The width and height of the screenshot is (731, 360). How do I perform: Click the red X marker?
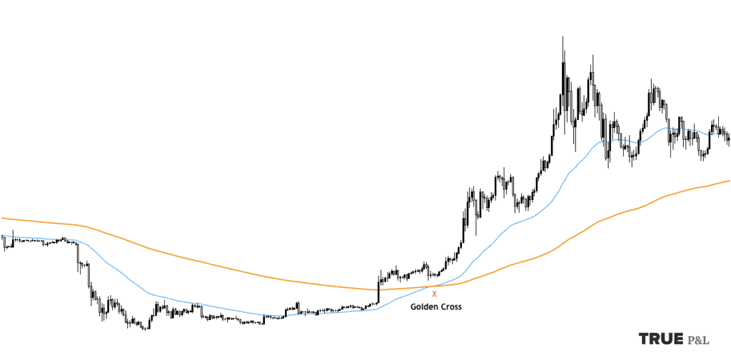click(x=434, y=294)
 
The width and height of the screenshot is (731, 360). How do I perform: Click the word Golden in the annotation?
click(x=423, y=307)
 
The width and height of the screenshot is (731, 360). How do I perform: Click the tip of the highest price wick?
click(x=563, y=36)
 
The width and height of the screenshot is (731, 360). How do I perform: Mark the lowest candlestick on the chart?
click(x=145, y=327)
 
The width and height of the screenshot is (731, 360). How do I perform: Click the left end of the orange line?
click(x=2, y=218)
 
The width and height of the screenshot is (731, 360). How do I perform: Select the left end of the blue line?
click(x=2, y=236)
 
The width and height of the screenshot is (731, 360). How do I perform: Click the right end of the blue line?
click(x=728, y=133)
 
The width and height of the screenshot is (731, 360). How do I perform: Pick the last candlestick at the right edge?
click(x=728, y=139)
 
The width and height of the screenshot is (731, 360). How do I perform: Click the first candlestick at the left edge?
click(x=4, y=243)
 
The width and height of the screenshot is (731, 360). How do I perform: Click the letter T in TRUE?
click(x=645, y=339)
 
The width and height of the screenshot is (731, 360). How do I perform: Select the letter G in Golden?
click(x=413, y=307)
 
